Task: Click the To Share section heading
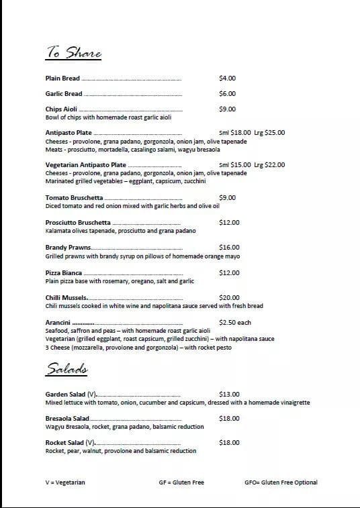point(73,52)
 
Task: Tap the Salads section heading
point(69,369)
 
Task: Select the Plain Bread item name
point(62,79)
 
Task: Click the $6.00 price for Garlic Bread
point(227,94)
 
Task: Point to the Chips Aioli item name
point(61,109)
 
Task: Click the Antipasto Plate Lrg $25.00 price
point(269,133)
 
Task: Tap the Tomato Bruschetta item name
point(74,198)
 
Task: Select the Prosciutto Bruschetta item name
point(78,223)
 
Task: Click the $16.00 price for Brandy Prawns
point(229,248)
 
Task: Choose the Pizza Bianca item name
point(64,273)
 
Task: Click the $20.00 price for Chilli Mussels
point(229,298)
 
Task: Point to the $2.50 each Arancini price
point(235,323)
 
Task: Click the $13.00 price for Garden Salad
point(229,395)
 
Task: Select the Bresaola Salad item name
point(67,419)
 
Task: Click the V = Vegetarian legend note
point(65,482)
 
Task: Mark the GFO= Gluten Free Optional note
point(281,482)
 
